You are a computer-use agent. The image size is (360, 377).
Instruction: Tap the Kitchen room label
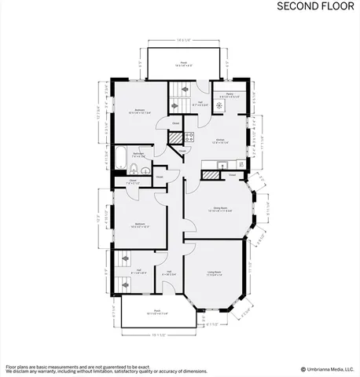(x=218, y=141)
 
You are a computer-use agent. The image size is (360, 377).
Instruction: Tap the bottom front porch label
(x=156, y=311)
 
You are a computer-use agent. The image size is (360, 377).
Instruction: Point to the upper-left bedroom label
(x=140, y=110)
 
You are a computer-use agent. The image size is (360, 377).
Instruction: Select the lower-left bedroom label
(x=139, y=225)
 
